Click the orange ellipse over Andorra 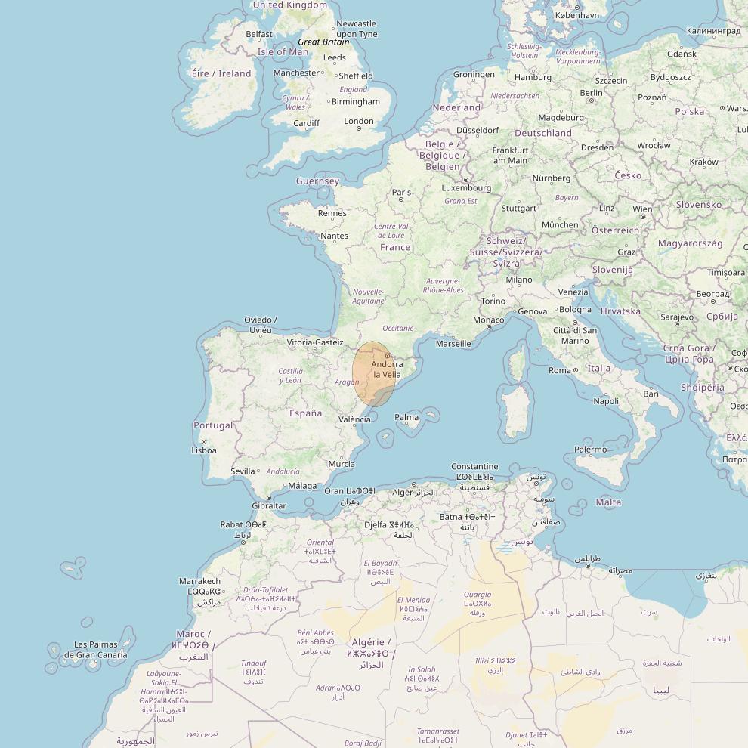point(374,374)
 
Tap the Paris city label point(401,193)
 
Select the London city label point(359,121)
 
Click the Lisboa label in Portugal point(204,450)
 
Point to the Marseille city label point(453,344)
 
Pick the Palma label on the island point(406,417)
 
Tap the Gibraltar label point(269,505)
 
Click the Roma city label point(560,370)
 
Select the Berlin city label point(591,93)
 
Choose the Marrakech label point(199,581)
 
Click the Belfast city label point(259,34)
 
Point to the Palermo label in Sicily point(590,450)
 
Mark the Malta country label point(608,502)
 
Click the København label point(576,15)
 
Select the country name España point(305,413)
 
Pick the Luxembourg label point(466,188)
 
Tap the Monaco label point(488,320)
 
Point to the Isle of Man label point(283,52)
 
